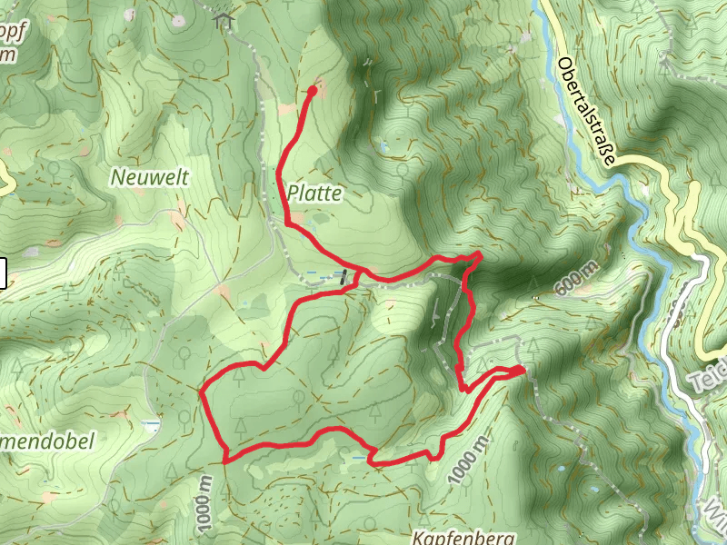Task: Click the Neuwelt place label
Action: click(150, 177)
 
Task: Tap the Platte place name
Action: click(316, 193)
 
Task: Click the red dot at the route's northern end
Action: click(312, 90)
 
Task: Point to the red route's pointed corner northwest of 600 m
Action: click(480, 255)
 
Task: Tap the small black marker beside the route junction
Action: click(344, 277)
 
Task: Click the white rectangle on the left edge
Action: click(3, 273)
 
